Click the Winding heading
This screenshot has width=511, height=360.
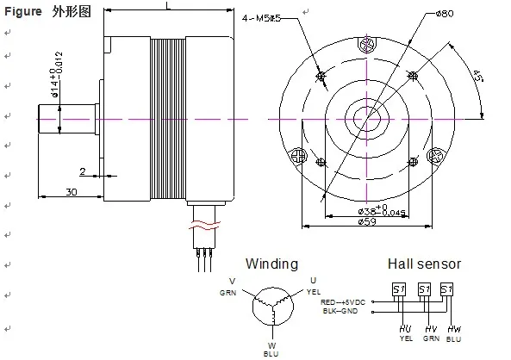(x=271, y=264)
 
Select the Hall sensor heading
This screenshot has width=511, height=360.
(x=424, y=264)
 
